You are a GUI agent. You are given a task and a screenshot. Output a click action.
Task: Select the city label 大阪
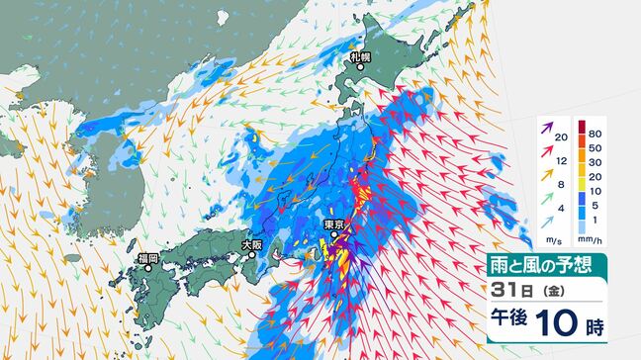[x=252, y=243]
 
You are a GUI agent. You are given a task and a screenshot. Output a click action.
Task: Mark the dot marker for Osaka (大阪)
[x=252, y=254]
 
